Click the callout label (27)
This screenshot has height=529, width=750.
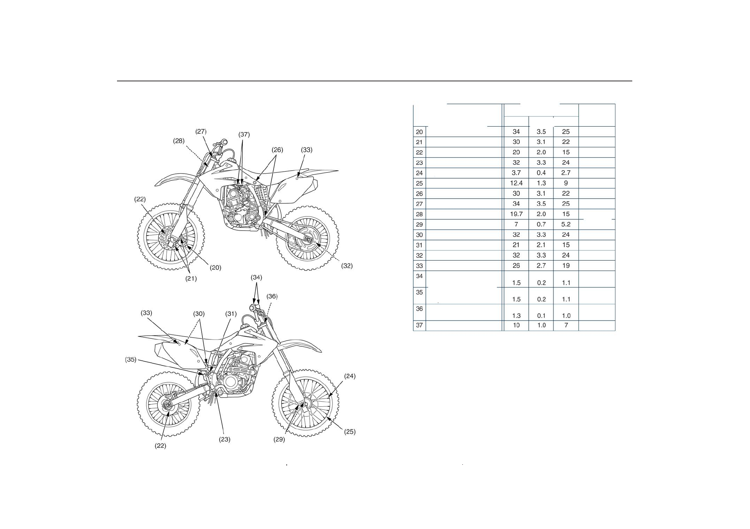click(x=201, y=131)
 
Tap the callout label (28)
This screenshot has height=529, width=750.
click(x=179, y=141)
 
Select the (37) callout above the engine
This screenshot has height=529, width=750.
click(x=244, y=134)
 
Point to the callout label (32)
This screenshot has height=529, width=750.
click(x=347, y=265)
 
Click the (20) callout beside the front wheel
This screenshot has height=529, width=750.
click(x=215, y=267)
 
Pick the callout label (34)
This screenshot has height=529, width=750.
click(x=256, y=277)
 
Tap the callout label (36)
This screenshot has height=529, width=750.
click(x=272, y=296)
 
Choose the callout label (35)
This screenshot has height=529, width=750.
click(x=131, y=359)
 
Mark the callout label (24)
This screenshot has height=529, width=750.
click(x=350, y=376)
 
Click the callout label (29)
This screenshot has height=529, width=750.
click(x=279, y=439)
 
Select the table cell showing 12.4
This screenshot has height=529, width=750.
click(x=516, y=183)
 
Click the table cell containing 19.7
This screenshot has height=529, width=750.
click(x=516, y=214)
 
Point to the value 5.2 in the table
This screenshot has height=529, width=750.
click(x=566, y=224)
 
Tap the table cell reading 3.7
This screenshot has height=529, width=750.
click(x=516, y=173)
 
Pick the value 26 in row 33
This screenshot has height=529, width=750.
click(x=516, y=265)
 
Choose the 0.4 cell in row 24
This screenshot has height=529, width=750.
click(x=541, y=173)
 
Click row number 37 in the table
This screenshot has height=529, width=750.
click(x=419, y=325)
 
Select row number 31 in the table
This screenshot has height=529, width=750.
click(x=419, y=245)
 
